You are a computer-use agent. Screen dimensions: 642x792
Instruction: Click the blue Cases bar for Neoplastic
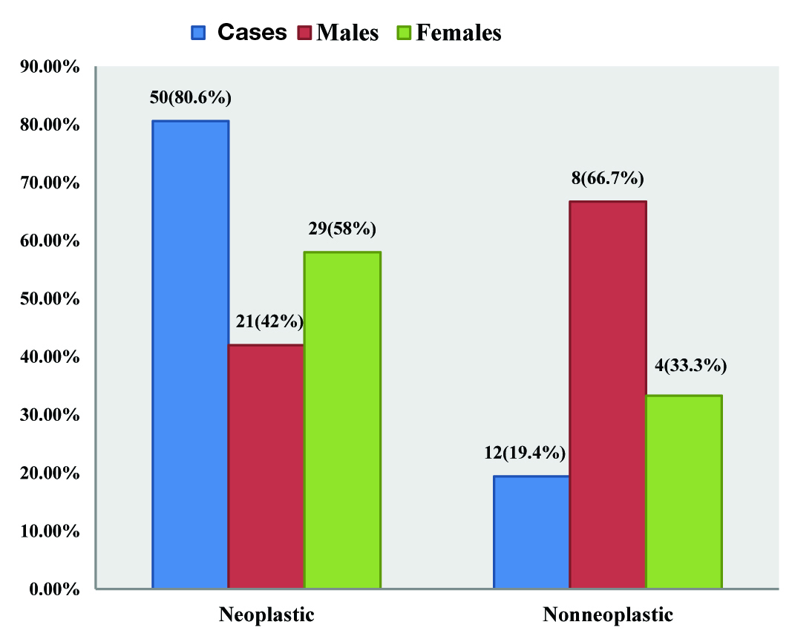tap(191, 355)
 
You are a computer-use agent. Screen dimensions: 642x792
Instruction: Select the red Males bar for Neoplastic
tap(266, 467)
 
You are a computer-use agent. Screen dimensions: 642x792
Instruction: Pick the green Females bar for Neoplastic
tap(342, 420)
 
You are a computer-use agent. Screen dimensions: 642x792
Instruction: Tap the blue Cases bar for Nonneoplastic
tap(531, 532)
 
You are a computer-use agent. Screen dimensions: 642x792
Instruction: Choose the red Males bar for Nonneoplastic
tap(608, 395)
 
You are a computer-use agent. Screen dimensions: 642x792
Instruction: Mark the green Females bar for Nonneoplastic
tap(684, 492)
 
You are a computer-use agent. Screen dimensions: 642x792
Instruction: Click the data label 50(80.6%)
tap(192, 98)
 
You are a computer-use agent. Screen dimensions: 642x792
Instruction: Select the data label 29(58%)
tap(343, 229)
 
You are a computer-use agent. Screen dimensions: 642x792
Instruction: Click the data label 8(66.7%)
tap(608, 178)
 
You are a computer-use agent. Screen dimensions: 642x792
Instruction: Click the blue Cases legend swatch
tap(199, 33)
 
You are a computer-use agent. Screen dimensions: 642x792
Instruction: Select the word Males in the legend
tap(347, 33)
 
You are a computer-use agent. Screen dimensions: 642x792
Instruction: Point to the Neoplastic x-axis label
tap(266, 615)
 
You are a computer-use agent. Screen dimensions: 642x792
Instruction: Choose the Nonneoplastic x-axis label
tap(608, 615)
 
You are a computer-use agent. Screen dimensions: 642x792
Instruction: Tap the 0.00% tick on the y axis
tap(48, 589)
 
